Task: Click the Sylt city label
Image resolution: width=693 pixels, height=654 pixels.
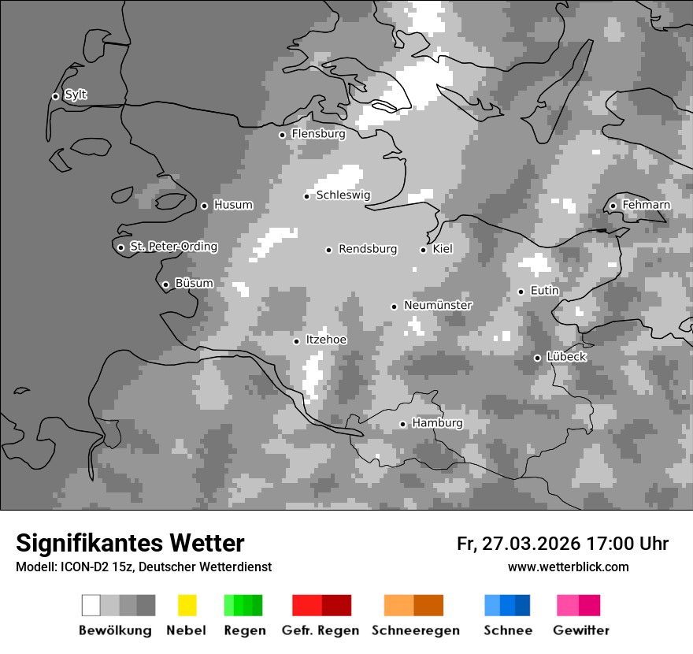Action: click(x=76, y=95)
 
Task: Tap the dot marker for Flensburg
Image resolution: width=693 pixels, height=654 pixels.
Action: click(x=282, y=135)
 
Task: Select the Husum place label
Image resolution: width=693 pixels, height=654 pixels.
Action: click(x=233, y=205)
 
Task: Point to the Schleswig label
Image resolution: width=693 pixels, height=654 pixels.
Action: click(x=343, y=195)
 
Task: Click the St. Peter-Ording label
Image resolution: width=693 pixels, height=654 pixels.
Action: click(x=173, y=247)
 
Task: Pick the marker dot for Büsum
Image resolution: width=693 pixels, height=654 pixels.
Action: click(x=165, y=284)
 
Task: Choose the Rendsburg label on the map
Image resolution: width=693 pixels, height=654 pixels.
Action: click(x=368, y=249)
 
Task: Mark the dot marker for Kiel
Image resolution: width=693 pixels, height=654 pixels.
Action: click(x=423, y=250)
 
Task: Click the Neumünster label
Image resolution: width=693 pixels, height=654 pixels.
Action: click(x=438, y=305)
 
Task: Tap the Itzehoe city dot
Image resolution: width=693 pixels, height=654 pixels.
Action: click(x=296, y=341)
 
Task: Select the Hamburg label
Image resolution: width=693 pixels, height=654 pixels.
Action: click(x=437, y=423)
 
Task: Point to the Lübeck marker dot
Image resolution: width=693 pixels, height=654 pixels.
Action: click(x=537, y=358)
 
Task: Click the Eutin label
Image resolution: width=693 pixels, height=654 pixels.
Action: click(x=544, y=291)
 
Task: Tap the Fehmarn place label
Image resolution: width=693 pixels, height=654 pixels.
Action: click(x=646, y=205)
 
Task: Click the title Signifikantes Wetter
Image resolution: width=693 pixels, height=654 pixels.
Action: click(x=130, y=543)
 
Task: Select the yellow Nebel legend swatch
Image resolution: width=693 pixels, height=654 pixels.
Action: click(x=187, y=605)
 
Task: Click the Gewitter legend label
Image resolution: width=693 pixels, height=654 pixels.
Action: click(x=581, y=630)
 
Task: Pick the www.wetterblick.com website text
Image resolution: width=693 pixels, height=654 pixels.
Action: click(x=568, y=567)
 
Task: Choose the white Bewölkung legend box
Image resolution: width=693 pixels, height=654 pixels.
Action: click(x=91, y=605)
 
